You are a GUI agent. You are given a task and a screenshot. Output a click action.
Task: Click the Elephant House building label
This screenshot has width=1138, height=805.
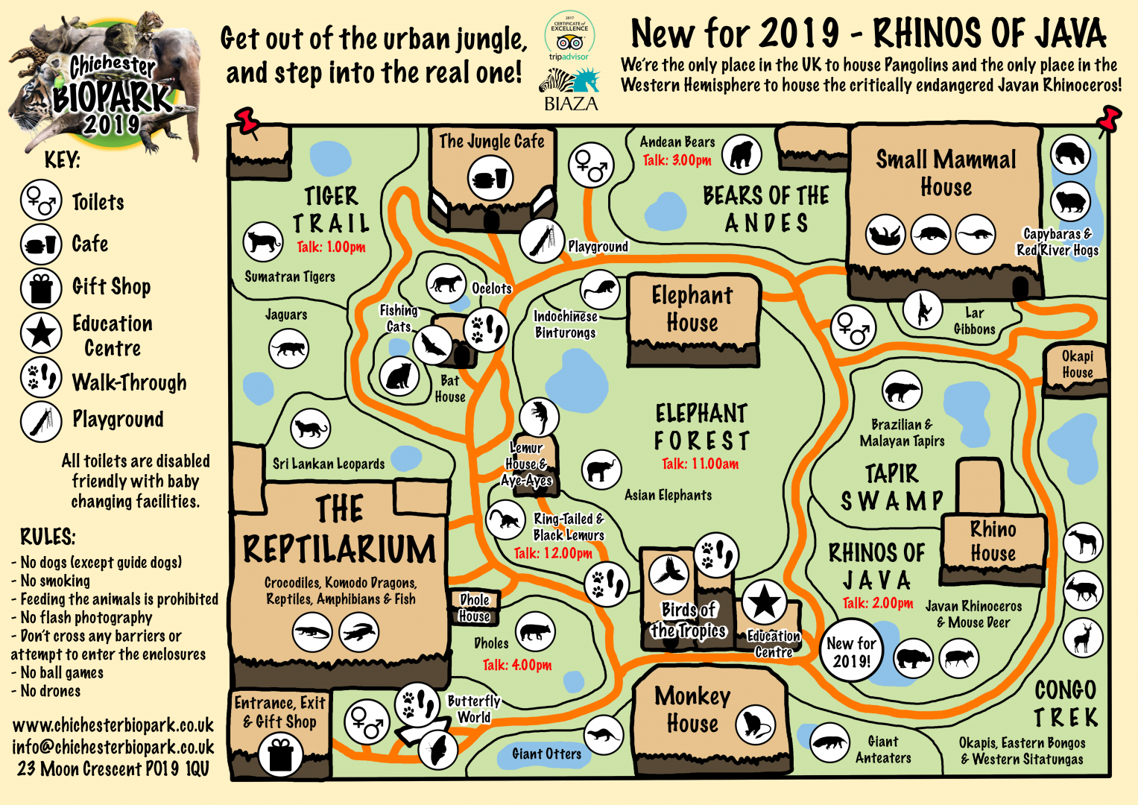tap(692, 309)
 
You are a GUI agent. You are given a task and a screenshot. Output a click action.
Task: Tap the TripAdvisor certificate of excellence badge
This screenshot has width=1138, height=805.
tap(569, 36)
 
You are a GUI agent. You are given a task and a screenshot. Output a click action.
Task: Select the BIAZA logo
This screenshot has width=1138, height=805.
tap(571, 90)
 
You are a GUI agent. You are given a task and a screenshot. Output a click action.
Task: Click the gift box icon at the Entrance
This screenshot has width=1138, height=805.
tap(280, 754)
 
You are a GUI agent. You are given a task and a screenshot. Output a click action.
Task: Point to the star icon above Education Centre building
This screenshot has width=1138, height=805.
tap(764, 601)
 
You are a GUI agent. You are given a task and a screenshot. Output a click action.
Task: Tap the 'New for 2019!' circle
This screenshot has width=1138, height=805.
tap(851, 651)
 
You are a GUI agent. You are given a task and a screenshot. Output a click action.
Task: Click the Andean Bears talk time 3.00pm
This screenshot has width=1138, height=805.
tap(677, 160)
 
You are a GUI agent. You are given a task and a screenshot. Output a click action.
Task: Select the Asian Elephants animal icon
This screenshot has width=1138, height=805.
tap(601, 470)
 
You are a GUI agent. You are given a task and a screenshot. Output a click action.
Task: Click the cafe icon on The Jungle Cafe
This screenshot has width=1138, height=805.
tap(491, 179)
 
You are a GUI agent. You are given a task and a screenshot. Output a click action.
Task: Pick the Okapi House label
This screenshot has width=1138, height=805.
tap(1077, 364)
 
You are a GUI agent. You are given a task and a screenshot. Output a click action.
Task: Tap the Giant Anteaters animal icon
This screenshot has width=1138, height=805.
tap(829, 742)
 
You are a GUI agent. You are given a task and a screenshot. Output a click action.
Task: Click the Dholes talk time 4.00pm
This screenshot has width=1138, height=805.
tap(516, 665)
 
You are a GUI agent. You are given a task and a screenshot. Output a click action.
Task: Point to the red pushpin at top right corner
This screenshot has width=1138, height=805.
tap(1107, 119)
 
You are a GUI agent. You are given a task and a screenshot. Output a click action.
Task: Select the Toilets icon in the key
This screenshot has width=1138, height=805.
tap(40, 201)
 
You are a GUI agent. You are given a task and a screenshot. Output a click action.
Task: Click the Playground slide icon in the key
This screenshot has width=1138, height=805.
tap(40, 420)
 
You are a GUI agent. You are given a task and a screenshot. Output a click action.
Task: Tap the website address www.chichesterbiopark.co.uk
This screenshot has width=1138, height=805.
tap(113, 725)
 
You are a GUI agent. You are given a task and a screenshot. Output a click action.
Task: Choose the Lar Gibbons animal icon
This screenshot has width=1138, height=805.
tap(923, 309)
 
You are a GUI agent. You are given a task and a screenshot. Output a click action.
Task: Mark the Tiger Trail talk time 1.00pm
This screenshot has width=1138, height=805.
tap(331, 247)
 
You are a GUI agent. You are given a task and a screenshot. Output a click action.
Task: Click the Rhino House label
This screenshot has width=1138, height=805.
tap(993, 541)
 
